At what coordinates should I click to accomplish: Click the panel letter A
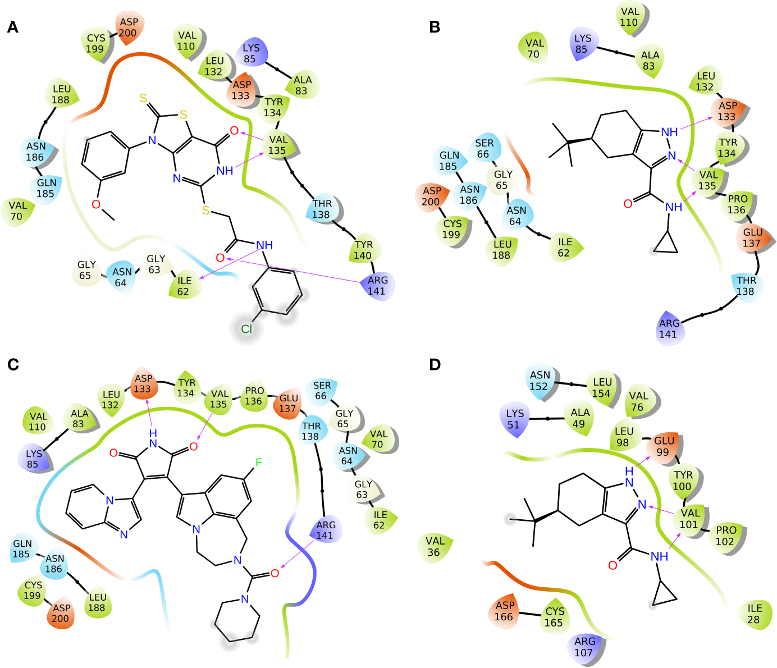(12, 27)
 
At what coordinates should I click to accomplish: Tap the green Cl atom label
(246, 329)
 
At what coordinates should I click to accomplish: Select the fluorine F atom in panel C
(259, 463)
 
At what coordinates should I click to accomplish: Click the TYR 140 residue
(363, 250)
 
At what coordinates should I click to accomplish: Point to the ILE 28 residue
(754, 614)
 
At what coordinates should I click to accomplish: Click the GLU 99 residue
(663, 446)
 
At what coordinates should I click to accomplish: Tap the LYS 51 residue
(514, 419)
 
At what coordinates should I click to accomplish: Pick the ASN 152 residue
(540, 381)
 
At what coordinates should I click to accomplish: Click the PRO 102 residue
(725, 536)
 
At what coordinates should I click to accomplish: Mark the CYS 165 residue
(554, 616)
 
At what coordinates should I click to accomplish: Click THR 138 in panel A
(322, 209)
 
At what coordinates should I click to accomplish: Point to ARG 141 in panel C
(326, 530)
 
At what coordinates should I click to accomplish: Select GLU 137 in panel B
(752, 237)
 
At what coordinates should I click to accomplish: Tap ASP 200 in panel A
(128, 27)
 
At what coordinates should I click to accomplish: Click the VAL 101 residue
(689, 518)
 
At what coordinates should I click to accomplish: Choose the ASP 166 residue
(504, 611)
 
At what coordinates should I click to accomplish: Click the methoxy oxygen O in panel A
(96, 204)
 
